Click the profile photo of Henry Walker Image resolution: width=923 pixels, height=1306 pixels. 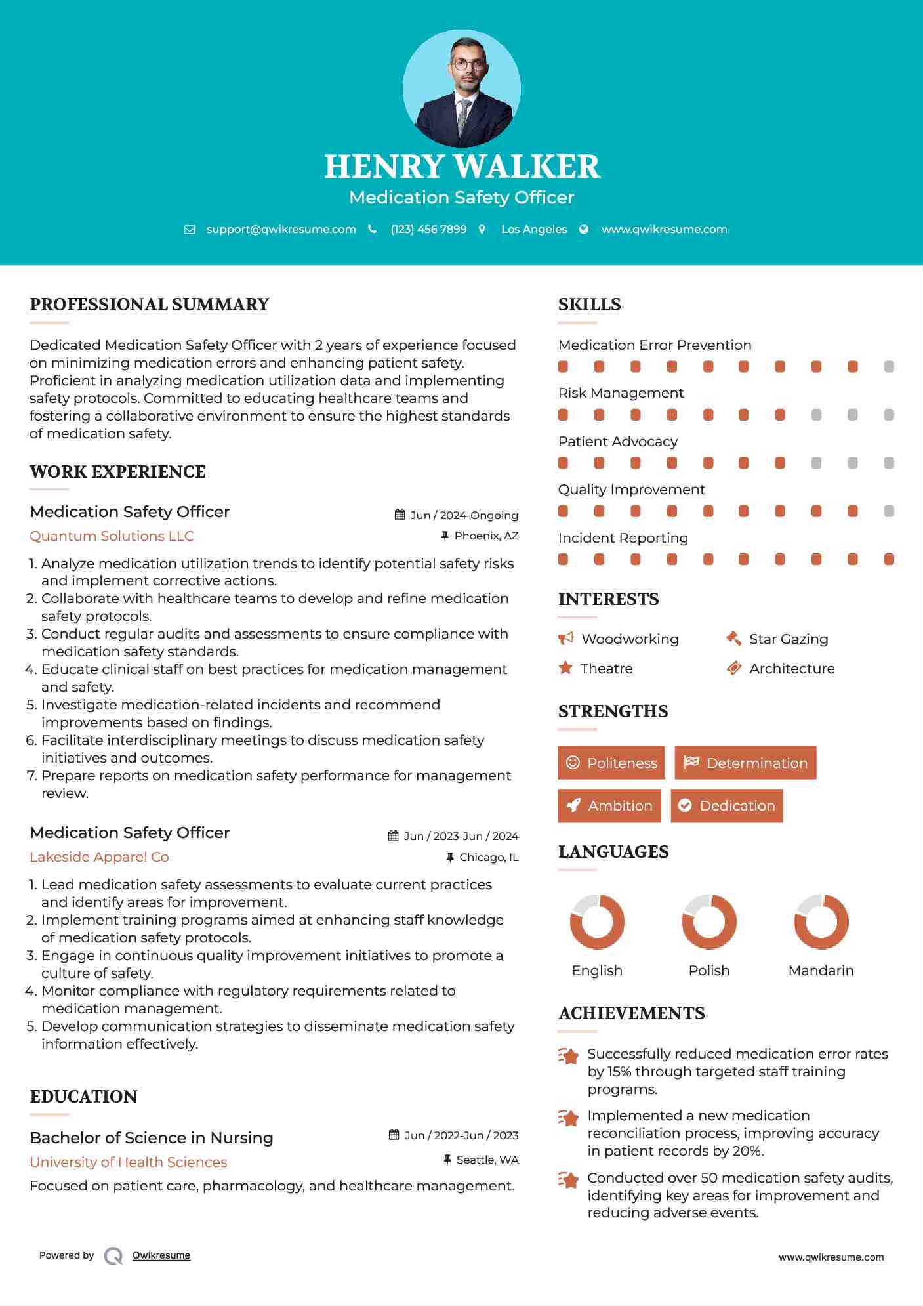[461, 88]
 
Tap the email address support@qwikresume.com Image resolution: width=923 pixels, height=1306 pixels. [281, 230]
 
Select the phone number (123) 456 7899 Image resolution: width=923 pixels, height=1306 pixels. [428, 230]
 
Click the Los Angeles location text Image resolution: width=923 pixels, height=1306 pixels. [534, 230]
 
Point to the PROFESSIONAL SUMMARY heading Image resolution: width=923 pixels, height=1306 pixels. [150, 305]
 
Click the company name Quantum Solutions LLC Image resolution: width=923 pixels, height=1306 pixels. [112, 536]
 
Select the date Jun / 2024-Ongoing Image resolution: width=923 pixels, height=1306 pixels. [464, 515]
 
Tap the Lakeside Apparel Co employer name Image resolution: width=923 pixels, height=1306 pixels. [99, 857]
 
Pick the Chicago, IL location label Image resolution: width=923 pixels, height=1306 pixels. [489, 857]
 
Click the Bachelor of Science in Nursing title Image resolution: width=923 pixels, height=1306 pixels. [152, 1138]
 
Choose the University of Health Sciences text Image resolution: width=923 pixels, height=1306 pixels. [129, 1162]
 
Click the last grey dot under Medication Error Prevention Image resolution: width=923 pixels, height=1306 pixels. [889, 367]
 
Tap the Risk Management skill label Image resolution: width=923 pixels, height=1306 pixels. [621, 393]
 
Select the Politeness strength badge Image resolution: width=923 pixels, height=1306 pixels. [611, 763]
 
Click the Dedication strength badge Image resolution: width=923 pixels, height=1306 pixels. [727, 806]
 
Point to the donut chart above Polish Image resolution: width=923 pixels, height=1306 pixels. [709, 921]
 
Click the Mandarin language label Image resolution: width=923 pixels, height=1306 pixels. [821, 971]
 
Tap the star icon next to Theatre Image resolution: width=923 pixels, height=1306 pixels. [565, 668]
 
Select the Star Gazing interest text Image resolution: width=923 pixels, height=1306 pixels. [789, 639]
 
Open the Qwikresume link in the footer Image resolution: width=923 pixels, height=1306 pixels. [161, 1255]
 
